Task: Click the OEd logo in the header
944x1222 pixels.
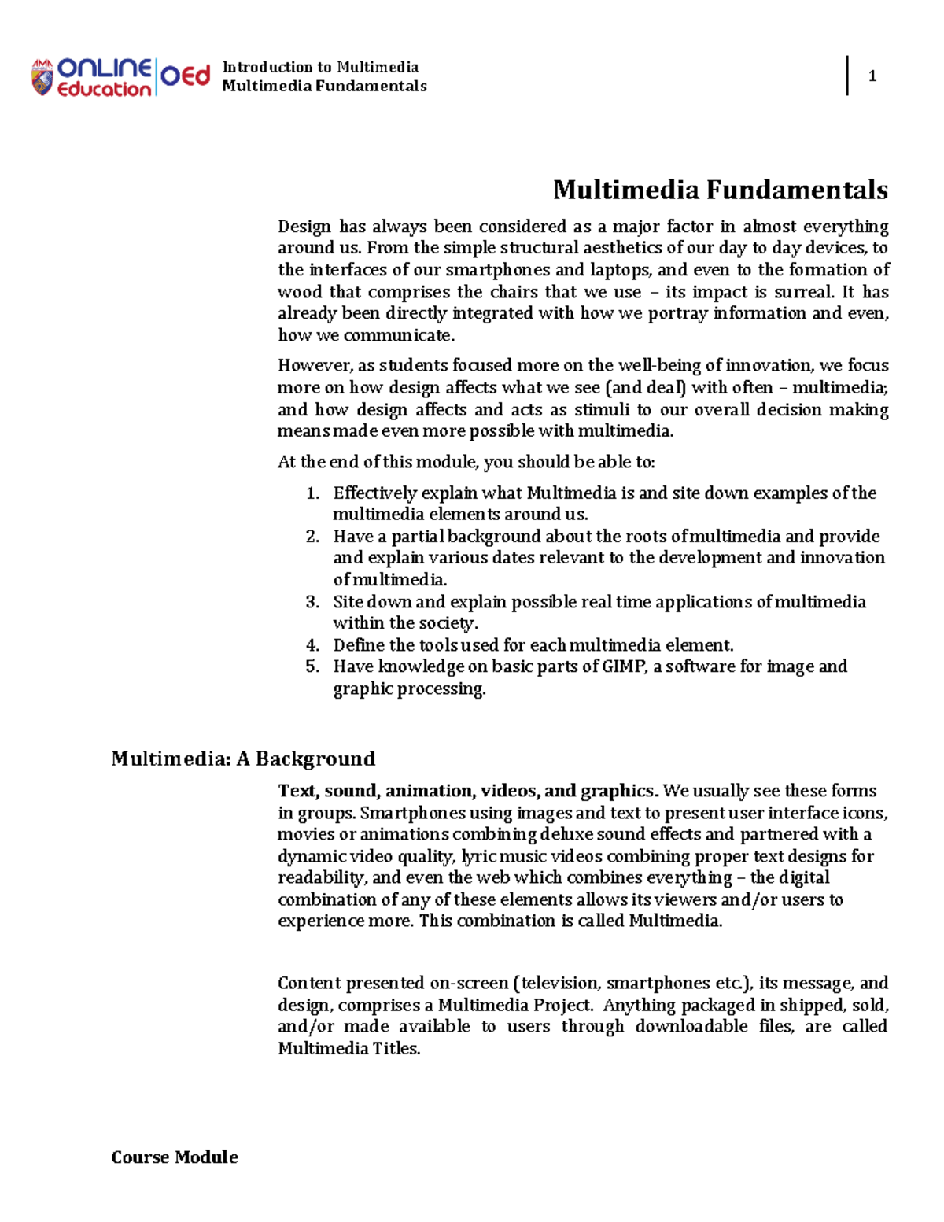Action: tap(186, 76)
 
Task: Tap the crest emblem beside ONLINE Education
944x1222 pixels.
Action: tap(42, 78)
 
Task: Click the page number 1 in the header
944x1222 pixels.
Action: tap(872, 76)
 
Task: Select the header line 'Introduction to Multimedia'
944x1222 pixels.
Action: tap(320, 67)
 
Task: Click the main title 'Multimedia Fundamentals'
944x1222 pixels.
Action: tap(720, 190)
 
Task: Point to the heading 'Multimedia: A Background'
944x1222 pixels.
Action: tap(243, 759)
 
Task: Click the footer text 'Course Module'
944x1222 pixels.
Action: tap(175, 1157)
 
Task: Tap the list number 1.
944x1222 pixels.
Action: tap(312, 493)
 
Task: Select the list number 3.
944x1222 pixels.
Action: tap(312, 602)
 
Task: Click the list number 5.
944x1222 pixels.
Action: tap(312, 666)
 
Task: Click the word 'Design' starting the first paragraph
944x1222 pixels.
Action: tap(304, 227)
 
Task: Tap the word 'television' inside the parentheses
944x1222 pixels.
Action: tap(559, 983)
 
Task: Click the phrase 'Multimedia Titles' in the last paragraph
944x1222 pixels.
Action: tap(348, 1048)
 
